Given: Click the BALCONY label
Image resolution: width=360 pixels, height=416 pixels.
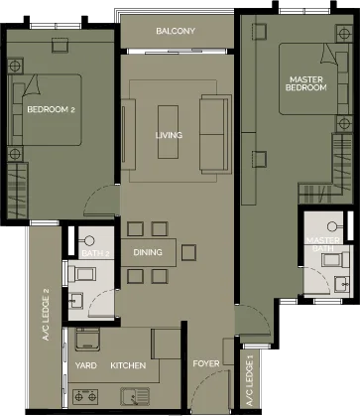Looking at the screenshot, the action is click(176, 31).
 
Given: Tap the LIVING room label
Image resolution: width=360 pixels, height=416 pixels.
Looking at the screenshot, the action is click(169, 135).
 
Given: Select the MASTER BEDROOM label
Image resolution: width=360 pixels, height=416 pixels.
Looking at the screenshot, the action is click(306, 83).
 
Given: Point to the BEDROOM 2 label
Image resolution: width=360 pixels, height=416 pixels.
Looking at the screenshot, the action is click(52, 109).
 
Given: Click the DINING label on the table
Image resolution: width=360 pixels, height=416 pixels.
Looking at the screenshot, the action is click(148, 252).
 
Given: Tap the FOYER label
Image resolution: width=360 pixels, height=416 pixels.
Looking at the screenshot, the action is click(206, 363).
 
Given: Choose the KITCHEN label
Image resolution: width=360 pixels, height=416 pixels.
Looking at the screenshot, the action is click(128, 365).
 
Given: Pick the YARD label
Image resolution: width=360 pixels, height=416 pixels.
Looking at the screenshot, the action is click(86, 365).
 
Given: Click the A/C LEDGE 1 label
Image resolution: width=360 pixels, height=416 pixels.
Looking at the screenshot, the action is click(250, 382).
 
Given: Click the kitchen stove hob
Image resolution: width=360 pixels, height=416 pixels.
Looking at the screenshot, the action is click(85, 396).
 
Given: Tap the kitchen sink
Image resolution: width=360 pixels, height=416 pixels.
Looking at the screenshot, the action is click(135, 396).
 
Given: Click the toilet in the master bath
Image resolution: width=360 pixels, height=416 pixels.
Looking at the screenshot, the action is click(335, 260).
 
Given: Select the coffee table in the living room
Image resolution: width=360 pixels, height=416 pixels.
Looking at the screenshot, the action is click(168, 132).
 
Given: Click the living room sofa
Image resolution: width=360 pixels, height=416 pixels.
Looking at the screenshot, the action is click(215, 134).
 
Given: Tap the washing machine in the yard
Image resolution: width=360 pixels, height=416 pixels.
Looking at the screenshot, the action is click(87, 340).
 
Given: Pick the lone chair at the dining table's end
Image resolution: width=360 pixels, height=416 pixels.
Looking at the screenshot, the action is click(188, 252).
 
